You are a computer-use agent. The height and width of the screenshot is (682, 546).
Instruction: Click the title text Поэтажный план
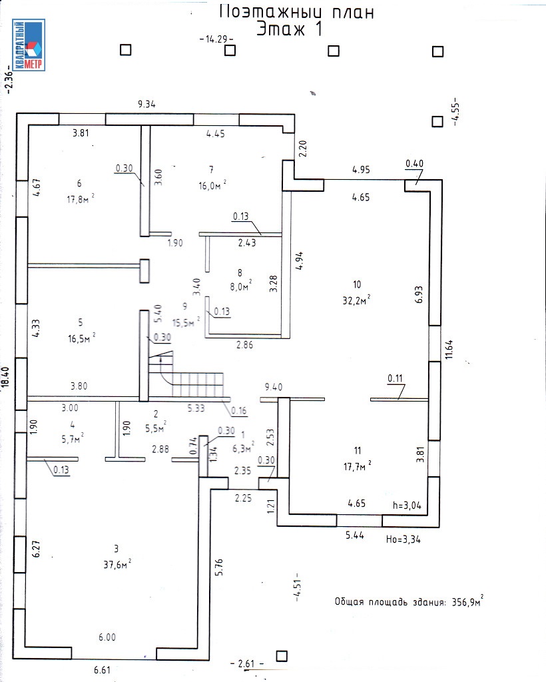pyautogui.click(x=296, y=11)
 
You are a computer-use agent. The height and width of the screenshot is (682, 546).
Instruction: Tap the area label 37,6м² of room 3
pyautogui.click(x=117, y=563)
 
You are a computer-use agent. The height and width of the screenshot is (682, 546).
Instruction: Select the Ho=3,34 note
pyautogui.click(x=404, y=539)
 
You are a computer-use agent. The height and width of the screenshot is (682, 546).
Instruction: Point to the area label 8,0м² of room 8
pyautogui.click(x=236, y=286)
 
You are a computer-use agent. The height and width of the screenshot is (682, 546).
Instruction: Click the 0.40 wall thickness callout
pyautogui.click(x=415, y=164)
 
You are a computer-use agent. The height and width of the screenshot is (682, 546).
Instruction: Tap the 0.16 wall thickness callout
pyautogui.click(x=238, y=410)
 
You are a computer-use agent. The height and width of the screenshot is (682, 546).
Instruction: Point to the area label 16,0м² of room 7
pyautogui.click(x=211, y=186)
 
